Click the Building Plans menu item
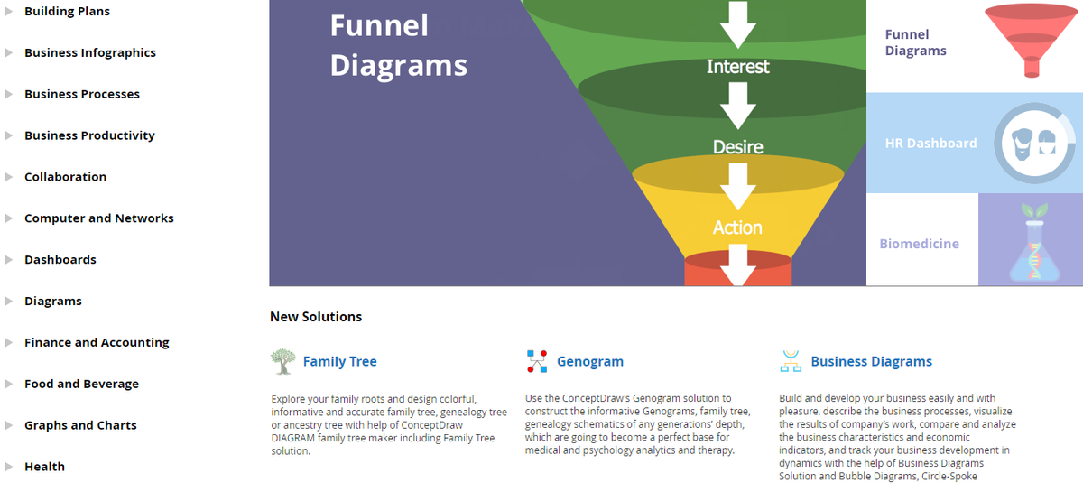tap(67, 12)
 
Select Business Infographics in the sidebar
tap(89, 53)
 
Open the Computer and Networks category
tap(98, 218)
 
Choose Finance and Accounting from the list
tap(97, 343)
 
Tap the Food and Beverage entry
tap(81, 385)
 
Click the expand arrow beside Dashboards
tap(9, 260)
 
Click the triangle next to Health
tap(9, 467)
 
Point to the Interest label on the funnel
tap(737, 67)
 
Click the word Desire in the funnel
tap(737, 147)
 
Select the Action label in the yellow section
tap(737, 228)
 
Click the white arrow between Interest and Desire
tap(737, 106)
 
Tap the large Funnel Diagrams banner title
tap(398, 45)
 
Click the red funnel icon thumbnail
tap(1030, 41)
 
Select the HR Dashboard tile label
tap(930, 144)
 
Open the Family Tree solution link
tap(339, 362)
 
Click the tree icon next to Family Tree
tap(282, 362)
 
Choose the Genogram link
tap(589, 362)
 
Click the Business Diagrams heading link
tap(871, 362)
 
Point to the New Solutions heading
tap(316, 317)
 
